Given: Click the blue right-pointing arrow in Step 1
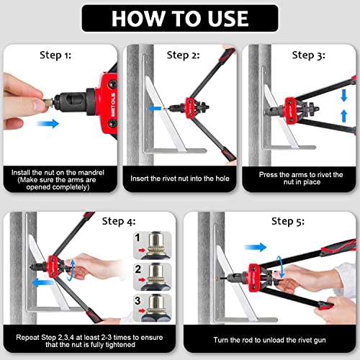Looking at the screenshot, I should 48,123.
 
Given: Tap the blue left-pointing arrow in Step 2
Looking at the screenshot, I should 153,109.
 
